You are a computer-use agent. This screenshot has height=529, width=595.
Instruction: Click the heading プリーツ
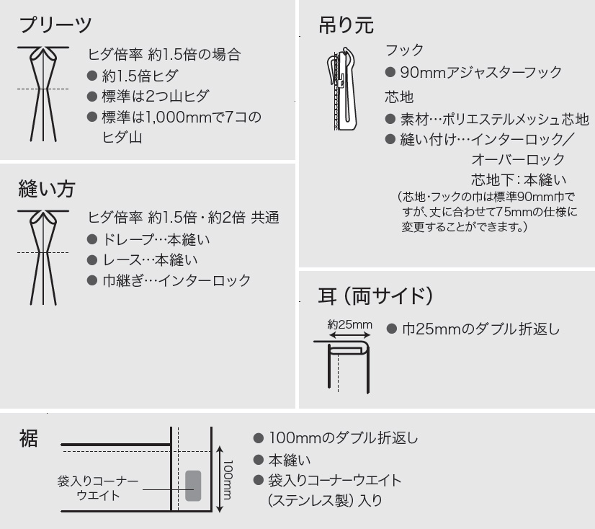[x=55, y=25]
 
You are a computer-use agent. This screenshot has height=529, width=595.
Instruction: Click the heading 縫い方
[x=47, y=189]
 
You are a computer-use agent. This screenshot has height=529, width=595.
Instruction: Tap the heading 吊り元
[x=346, y=25]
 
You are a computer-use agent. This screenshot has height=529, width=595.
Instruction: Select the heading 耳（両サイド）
[x=375, y=295]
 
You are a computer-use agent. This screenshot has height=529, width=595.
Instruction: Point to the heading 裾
[x=29, y=438]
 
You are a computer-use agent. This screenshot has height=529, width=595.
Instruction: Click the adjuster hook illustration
[x=343, y=89]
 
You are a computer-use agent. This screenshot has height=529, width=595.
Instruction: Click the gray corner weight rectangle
[x=193, y=486]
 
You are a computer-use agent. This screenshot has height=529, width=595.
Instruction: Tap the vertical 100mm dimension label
[x=228, y=480]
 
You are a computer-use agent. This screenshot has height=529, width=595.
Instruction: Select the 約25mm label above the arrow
[x=349, y=324]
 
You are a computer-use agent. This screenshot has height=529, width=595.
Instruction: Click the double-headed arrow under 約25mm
[x=349, y=335]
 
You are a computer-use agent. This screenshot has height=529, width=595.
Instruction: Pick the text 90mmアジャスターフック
[x=480, y=72]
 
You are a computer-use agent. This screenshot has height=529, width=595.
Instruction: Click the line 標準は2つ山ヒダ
[x=156, y=96]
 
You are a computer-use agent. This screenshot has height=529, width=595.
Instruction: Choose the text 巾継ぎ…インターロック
[x=176, y=280]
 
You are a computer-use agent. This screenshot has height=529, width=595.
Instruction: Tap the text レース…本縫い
[x=151, y=260]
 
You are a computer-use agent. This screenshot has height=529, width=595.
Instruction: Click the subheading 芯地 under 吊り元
[x=399, y=97]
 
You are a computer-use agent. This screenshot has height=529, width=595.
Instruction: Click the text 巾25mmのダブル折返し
[x=480, y=329]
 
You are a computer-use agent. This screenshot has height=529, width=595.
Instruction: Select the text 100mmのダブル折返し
[x=344, y=438]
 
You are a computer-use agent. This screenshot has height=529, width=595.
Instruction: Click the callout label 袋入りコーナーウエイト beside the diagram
[x=98, y=488]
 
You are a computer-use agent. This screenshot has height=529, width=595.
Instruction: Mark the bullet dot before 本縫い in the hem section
[x=259, y=460]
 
